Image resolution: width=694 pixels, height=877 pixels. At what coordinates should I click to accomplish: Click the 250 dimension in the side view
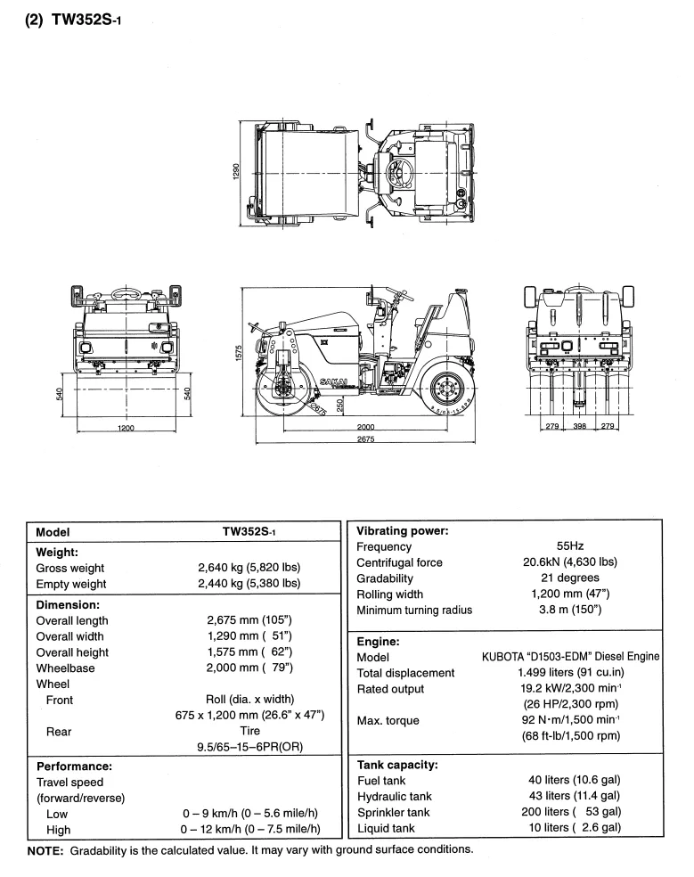point(339,405)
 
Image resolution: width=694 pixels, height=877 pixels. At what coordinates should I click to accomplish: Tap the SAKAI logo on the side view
point(332,381)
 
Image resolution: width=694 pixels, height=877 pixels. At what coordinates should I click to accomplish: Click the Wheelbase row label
point(69,667)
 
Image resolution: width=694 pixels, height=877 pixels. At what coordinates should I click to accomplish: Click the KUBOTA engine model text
point(571,657)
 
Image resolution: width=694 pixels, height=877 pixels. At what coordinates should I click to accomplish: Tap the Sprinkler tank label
point(393,812)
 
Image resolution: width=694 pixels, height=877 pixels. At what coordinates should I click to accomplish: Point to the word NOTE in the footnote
point(46,849)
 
